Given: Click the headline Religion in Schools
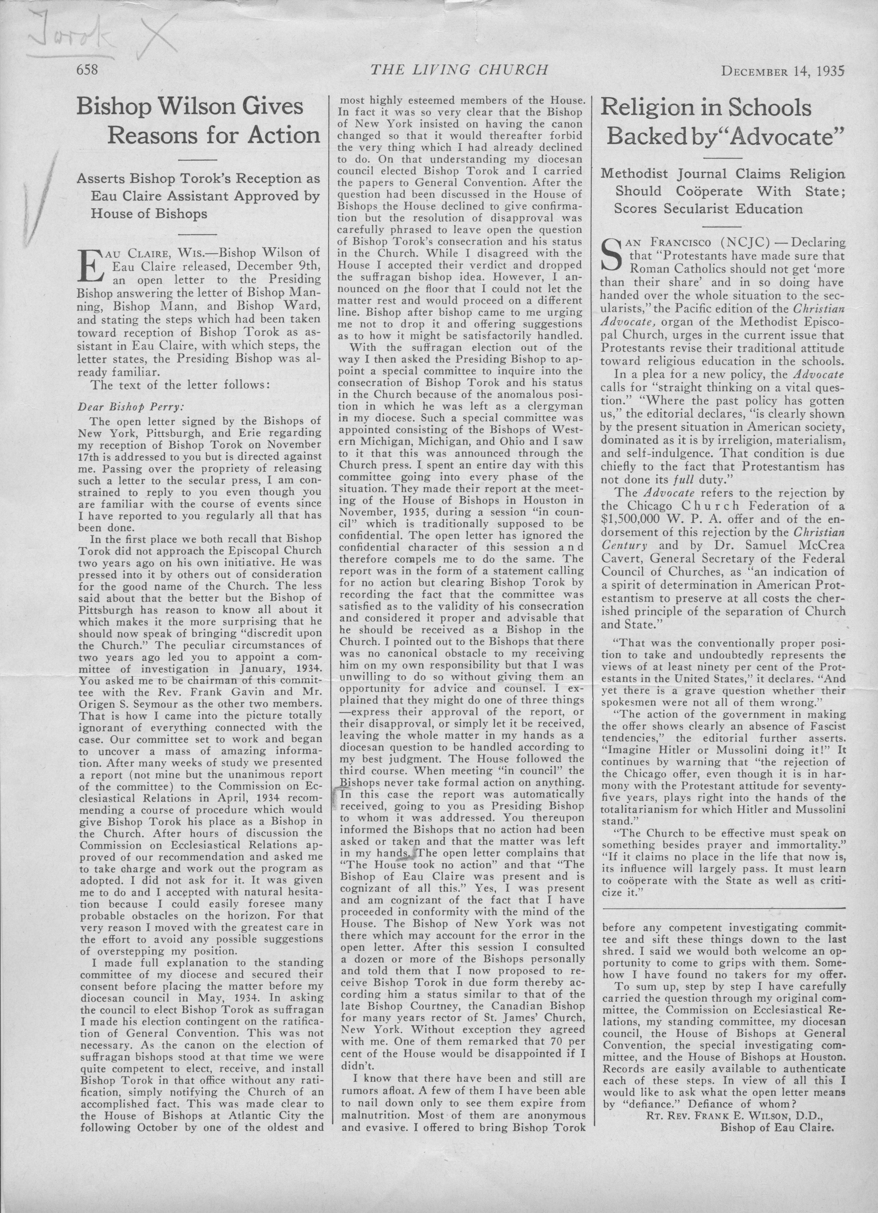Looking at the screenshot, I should (706, 108).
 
